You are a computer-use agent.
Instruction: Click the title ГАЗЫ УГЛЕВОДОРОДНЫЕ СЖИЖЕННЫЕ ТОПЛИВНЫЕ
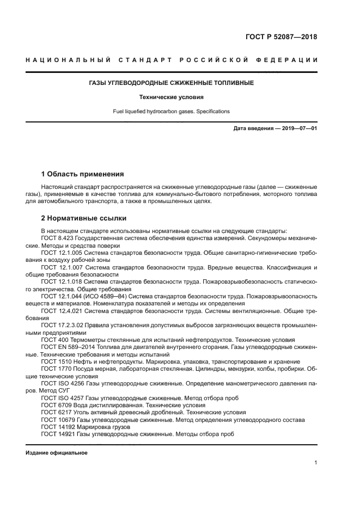tap(172, 83)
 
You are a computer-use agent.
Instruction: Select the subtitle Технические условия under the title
tap(172, 97)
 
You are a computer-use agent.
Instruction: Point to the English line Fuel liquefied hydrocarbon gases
tap(172, 112)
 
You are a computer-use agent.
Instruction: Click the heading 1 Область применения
tap(82, 174)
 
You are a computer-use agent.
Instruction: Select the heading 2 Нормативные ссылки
tap(84, 218)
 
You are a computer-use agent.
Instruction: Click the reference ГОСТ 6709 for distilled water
tap(57, 405)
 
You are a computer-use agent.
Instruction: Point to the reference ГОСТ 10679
tap(58, 419)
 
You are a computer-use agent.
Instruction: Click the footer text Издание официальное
tap(57, 453)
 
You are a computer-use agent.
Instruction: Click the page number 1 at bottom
tap(315, 463)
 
